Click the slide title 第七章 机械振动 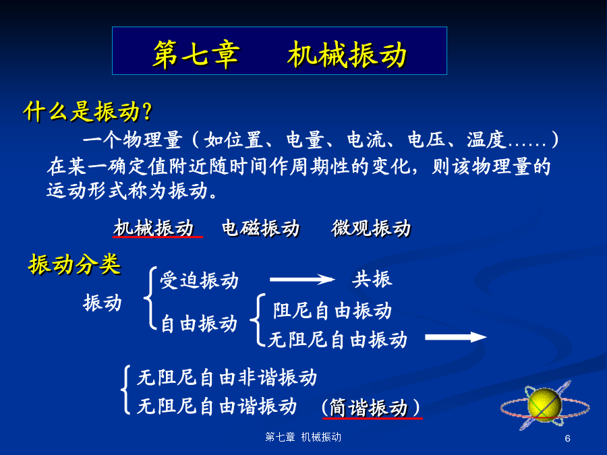pyautogui.click(x=279, y=55)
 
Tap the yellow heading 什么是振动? pyautogui.click(x=88, y=112)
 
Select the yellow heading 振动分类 pyautogui.click(x=74, y=265)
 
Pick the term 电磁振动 pyautogui.click(x=261, y=228)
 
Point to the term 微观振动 pyautogui.click(x=371, y=228)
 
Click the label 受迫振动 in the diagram pyautogui.click(x=199, y=280)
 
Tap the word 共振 pyautogui.click(x=372, y=279)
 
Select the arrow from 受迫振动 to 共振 pyautogui.click(x=302, y=279)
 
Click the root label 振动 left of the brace pyautogui.click(x=103, y=303)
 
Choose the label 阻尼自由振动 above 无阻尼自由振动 pyautogui.click(x=333, y=311)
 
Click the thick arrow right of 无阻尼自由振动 pyautogui.click(x=456, y=337)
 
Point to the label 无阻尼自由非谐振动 pyautogui.click(x=227, y=377)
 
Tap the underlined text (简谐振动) pyautogui.click(x=371, y=407)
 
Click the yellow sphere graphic pyautogui.click(x=544, y=404)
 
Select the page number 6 pyautogui.click(x=567, y=438)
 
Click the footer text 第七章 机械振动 pyautogui.click(x=303, y=437)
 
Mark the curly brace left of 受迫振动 pyautogui.click(x=150, y=298)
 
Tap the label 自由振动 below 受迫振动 pyautogui.click(x=199, y=324)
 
